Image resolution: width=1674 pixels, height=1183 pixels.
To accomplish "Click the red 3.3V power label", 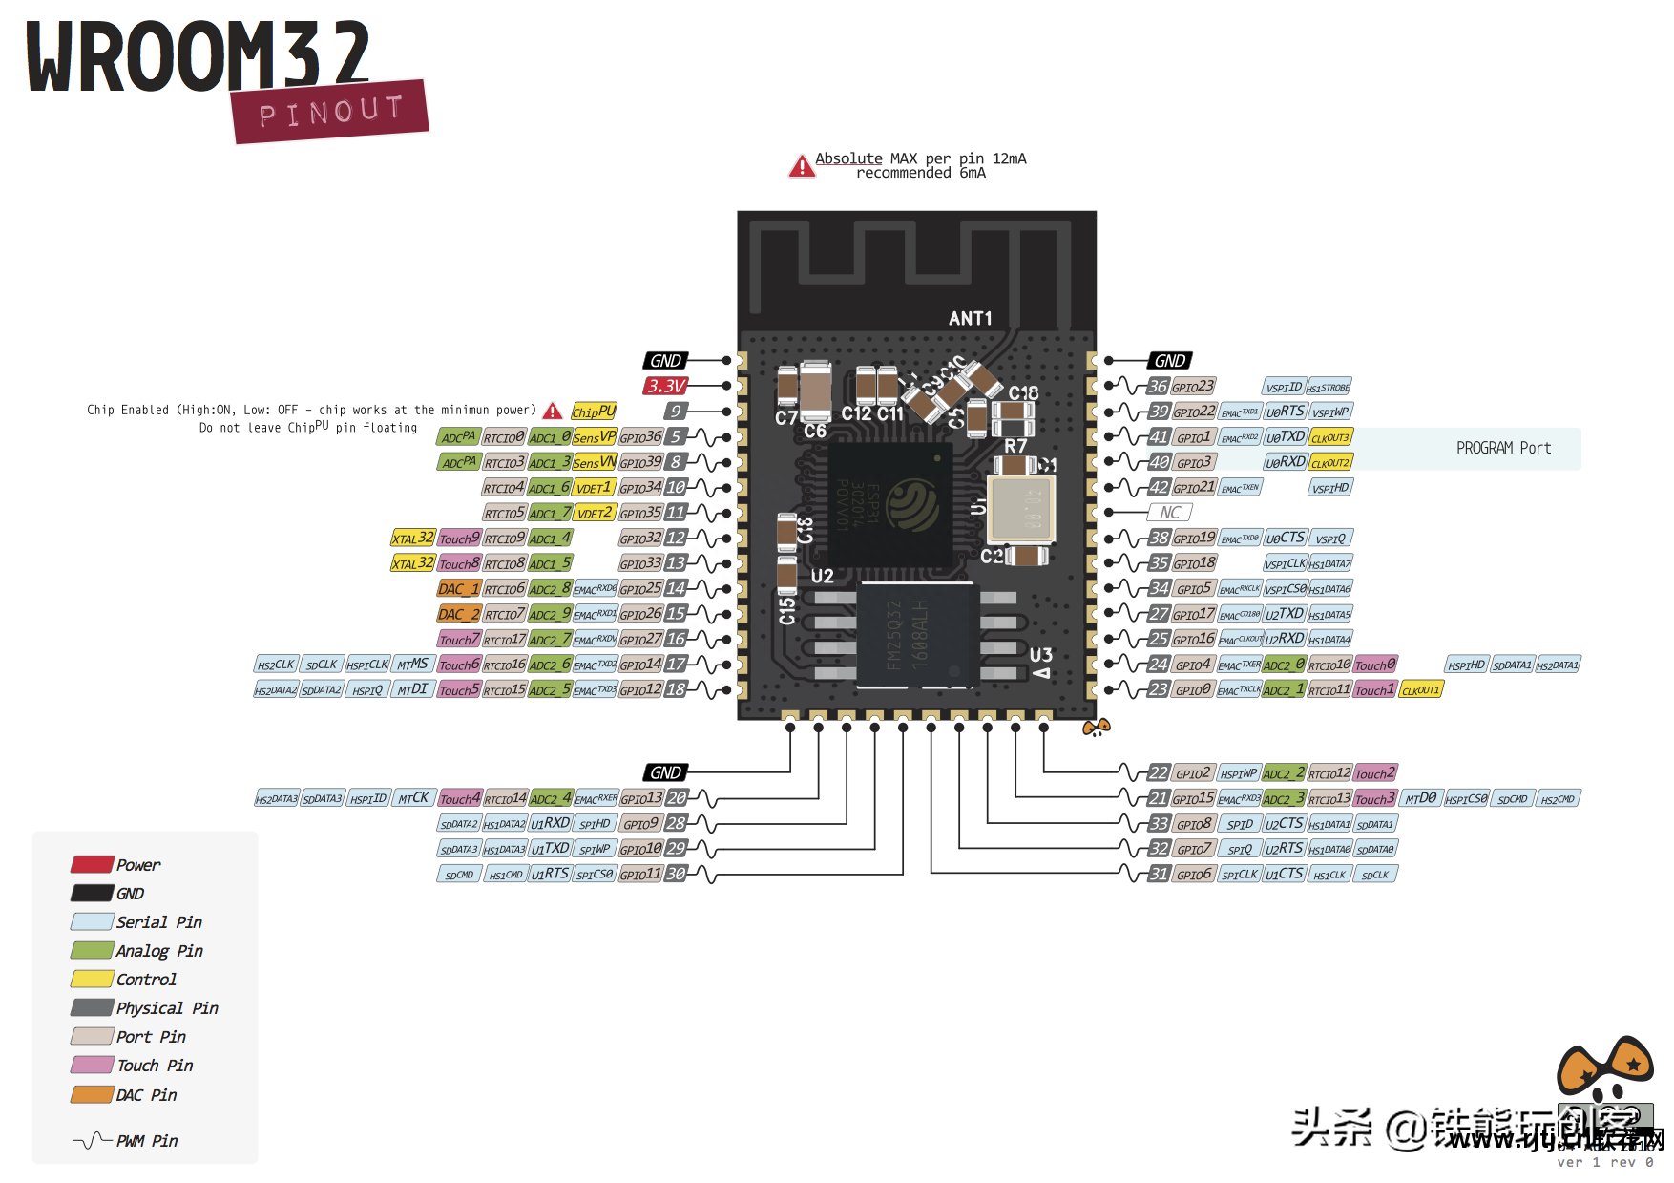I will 665,386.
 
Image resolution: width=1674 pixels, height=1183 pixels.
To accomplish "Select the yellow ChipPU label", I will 593,412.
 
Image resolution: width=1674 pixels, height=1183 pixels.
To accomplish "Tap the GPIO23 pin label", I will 1193,387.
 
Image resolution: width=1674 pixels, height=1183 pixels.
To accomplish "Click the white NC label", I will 1170,513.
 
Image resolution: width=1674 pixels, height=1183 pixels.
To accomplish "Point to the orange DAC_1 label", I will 458,589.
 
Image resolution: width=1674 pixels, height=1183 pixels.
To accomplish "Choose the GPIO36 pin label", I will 640,437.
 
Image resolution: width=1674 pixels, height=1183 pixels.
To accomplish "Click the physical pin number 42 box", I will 1159,487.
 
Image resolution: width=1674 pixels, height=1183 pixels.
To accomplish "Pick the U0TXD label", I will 1285,437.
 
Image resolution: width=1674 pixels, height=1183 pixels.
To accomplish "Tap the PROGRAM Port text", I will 1503,448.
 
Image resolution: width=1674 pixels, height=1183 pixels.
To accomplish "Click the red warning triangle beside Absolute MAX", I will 802,167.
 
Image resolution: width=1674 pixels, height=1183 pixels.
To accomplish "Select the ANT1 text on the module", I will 970,319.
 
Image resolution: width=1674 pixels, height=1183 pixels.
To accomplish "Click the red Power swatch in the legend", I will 92,864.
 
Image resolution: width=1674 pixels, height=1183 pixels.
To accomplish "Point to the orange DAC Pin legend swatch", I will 92,1094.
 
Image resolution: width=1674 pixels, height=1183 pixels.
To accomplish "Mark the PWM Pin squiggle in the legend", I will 92,1140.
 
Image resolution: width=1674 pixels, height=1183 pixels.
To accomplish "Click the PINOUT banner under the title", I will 330,112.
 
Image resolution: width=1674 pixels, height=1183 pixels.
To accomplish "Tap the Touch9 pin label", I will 459,539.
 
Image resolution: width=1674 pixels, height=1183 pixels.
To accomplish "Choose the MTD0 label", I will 1420,798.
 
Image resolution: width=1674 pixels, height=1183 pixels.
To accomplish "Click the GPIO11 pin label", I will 640,874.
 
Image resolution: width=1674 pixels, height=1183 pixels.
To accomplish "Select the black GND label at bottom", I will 665,772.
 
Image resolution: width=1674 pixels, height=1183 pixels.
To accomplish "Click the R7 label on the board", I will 1015,446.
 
